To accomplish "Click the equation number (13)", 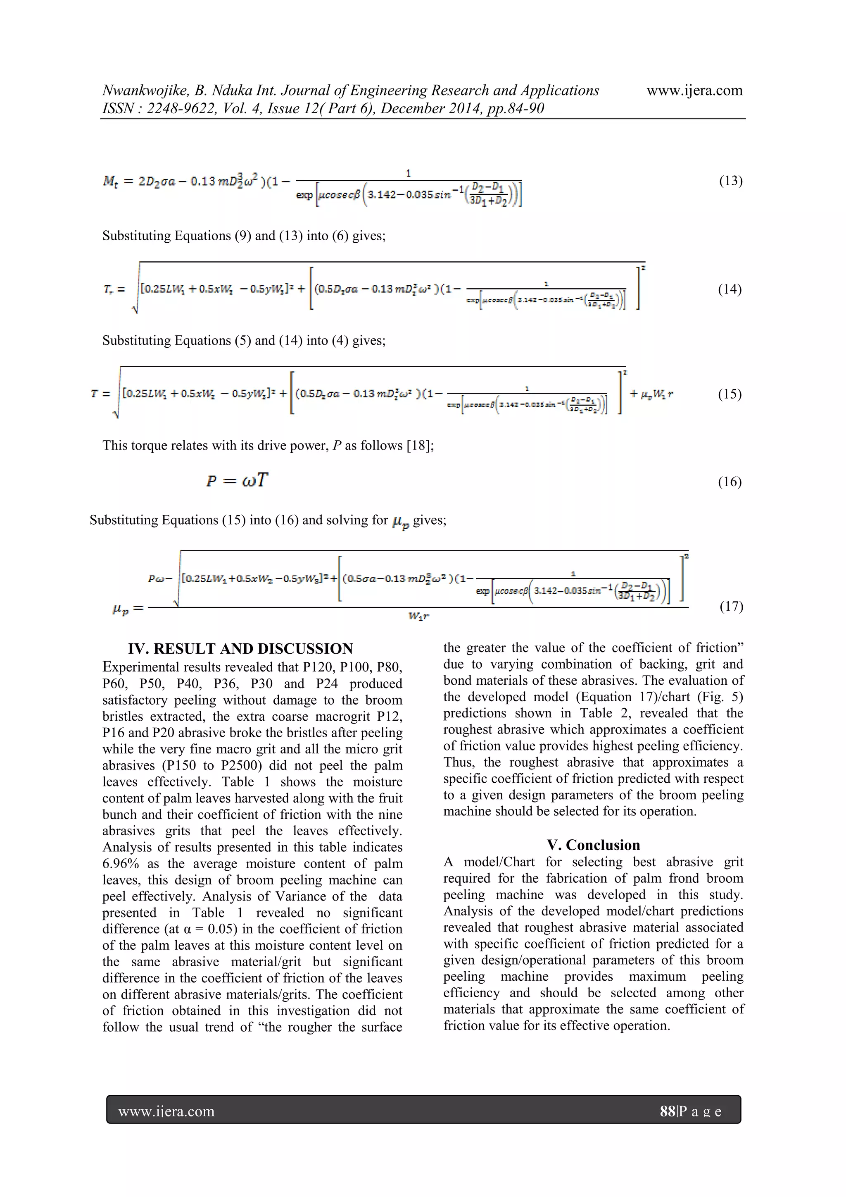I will point(730,181).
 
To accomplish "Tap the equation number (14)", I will point(730,289).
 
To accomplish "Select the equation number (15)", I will point(730,394).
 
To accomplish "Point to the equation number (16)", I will point(730,482).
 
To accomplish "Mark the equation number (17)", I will point(731,606).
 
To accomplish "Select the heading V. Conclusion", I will point(593,845).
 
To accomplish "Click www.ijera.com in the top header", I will point(694,91).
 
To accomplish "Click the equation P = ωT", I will point(237,480).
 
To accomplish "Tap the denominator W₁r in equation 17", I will point(418,616).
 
